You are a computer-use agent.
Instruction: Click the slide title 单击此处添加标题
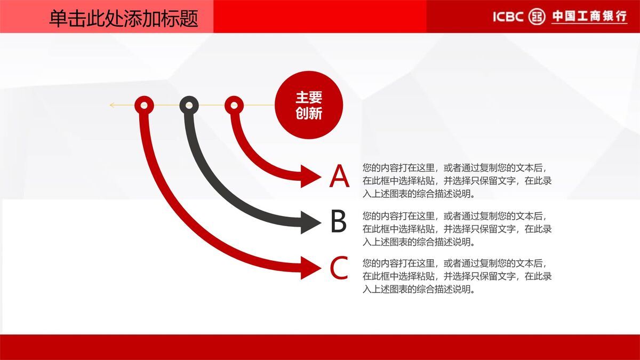[x=123, y=19]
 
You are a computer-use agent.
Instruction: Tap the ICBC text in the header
[x=508, y=17]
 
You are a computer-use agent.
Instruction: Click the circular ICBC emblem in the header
[x=537, y=17]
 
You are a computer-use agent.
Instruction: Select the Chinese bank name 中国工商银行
[x=589, y=17]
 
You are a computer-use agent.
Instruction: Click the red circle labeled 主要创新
[x=309, y=105]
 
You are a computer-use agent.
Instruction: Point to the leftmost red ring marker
[x=144, y=105]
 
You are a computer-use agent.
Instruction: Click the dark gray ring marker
[x=189, y=105]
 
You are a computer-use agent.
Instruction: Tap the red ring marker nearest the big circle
[x=234, y=105]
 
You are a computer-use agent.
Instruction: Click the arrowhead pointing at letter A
[x=310, y=176]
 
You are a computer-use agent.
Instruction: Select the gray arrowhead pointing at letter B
[x=310, y=222]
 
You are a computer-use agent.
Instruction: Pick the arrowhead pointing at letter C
[x=310, y=268]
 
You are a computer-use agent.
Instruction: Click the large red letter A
[x=339, y=177]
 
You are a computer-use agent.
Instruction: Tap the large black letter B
[x=339, y=222]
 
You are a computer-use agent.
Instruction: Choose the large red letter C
[x=339, y=268]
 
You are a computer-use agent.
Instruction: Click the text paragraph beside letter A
[x=457, y=181]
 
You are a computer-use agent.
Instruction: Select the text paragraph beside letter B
[x=457, y=229]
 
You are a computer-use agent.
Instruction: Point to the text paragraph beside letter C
[x=457, y=276]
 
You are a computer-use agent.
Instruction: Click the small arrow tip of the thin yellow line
[x=111, y=105]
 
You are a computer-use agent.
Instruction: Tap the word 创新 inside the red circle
[x=309, y=113]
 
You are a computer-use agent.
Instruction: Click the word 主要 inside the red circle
[x=309, y=97]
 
